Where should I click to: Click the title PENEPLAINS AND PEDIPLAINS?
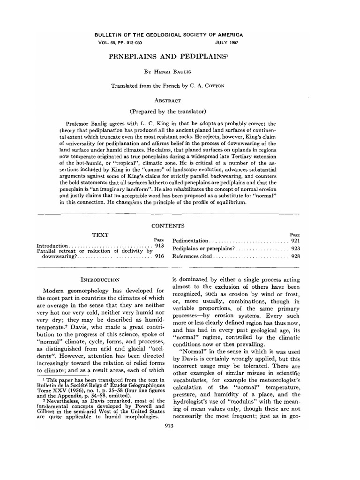click(x=180, y=57)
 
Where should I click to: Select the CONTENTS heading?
click(x=180, y=225)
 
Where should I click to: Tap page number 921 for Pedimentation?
click(x=294, y=240)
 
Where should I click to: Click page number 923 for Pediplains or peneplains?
click(x=294, y=248)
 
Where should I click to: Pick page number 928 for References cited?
click(x=294, y=256)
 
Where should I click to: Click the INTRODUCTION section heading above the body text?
click(x=101, y=280)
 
